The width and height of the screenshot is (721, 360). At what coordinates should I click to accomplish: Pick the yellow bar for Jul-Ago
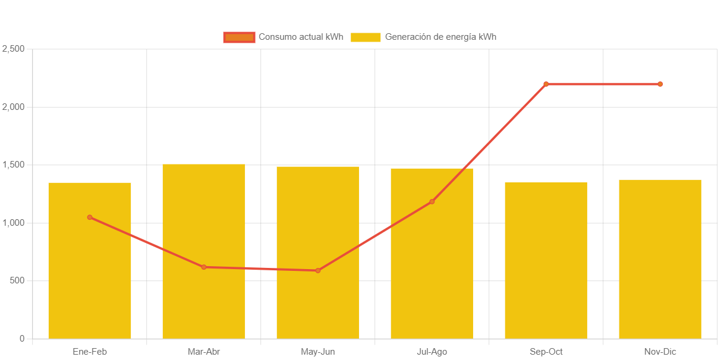(x=432, y=267)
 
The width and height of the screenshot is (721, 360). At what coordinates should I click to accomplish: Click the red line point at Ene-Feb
(x=90, y=217)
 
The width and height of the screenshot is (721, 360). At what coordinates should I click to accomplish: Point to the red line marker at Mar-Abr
(x=204, y=267)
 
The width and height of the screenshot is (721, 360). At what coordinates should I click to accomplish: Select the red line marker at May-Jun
(x=318, y=271)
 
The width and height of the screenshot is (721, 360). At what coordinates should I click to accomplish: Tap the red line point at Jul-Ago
(x=432, y=202)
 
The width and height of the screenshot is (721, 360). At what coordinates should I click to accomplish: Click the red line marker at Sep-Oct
(x=546, y=84)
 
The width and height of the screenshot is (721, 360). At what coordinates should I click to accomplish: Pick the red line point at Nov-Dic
(x=660, y=84)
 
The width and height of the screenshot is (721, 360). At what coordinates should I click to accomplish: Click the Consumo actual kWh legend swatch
(x=239, y=37)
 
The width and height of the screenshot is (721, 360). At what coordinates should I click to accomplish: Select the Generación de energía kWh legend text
(x=440, y=37)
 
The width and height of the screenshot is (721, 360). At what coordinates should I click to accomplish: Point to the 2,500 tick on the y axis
(x=14, y=48)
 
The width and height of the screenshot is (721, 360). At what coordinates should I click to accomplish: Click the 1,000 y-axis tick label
(x=14, y=223)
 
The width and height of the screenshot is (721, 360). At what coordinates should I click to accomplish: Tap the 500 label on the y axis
(x=17, y=280)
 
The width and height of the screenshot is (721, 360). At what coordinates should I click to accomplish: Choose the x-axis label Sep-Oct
(x=546, y=352)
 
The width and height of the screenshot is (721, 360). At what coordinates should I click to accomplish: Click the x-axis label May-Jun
(x=318, y=352)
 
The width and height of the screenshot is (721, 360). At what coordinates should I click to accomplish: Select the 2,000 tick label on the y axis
(x=14, y=107)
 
